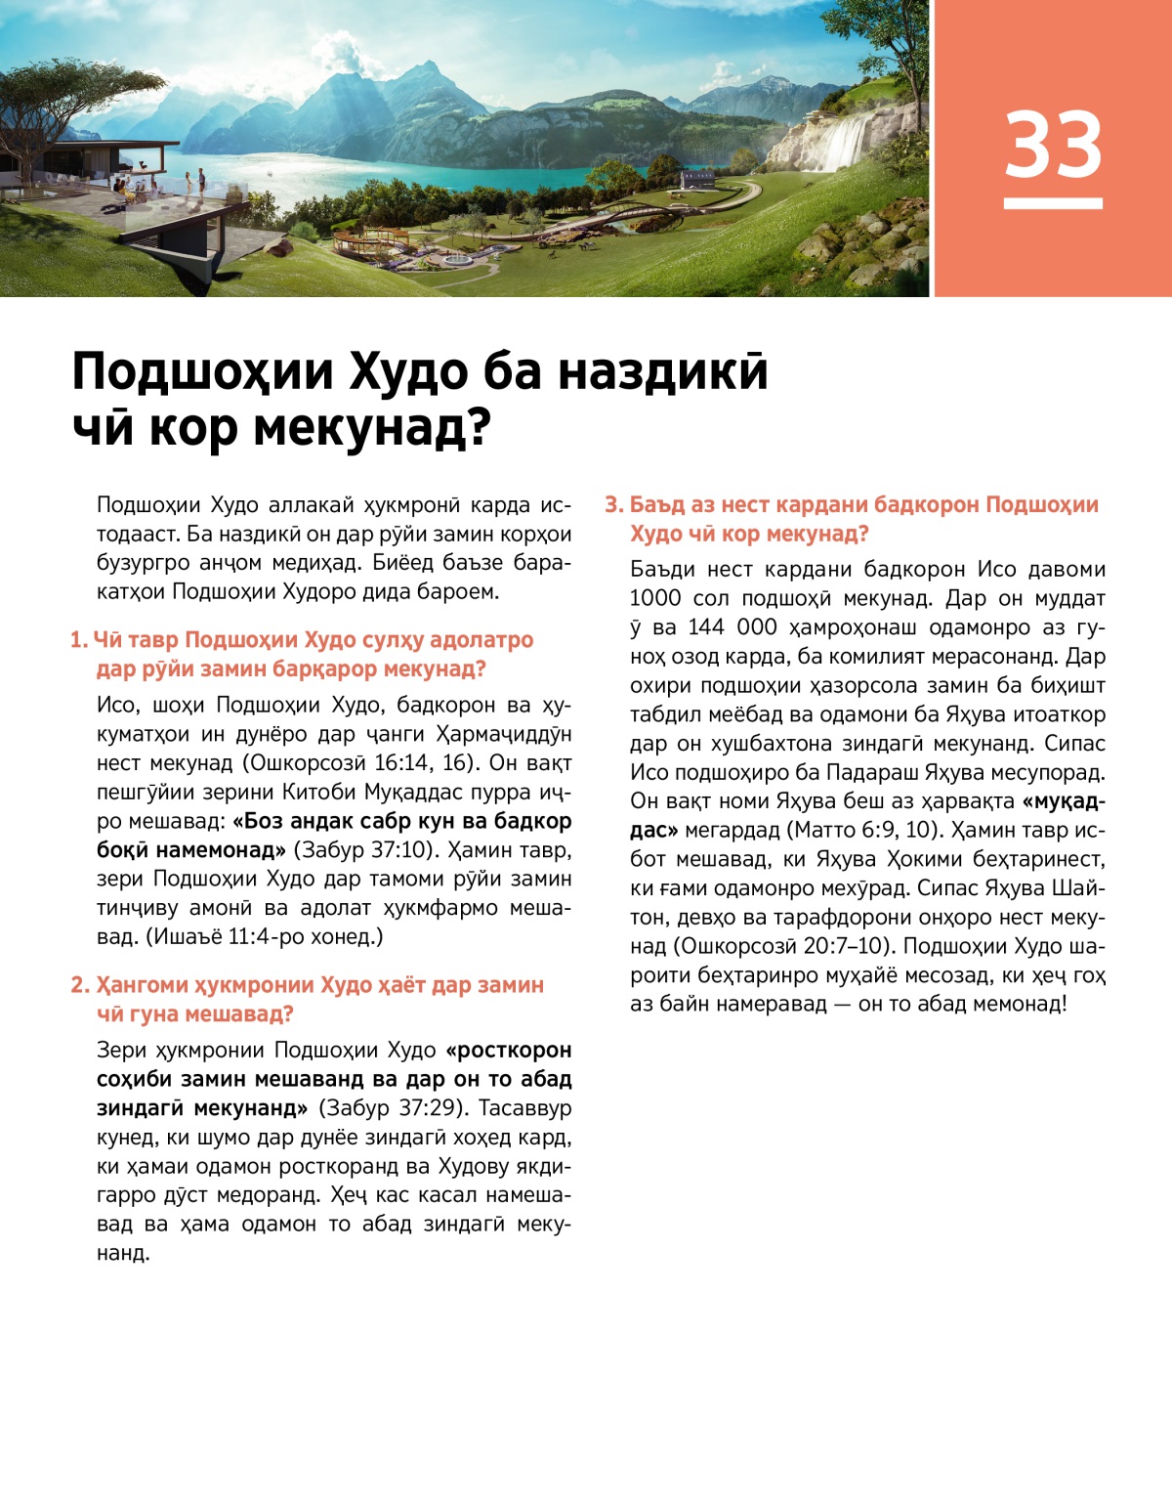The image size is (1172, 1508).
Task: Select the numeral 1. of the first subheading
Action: coord(78,640)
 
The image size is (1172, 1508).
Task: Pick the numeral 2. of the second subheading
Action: coord(79,985)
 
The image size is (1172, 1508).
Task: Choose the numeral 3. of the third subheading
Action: coord(613,505)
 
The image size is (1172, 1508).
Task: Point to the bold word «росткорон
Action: coord(508,1051)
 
